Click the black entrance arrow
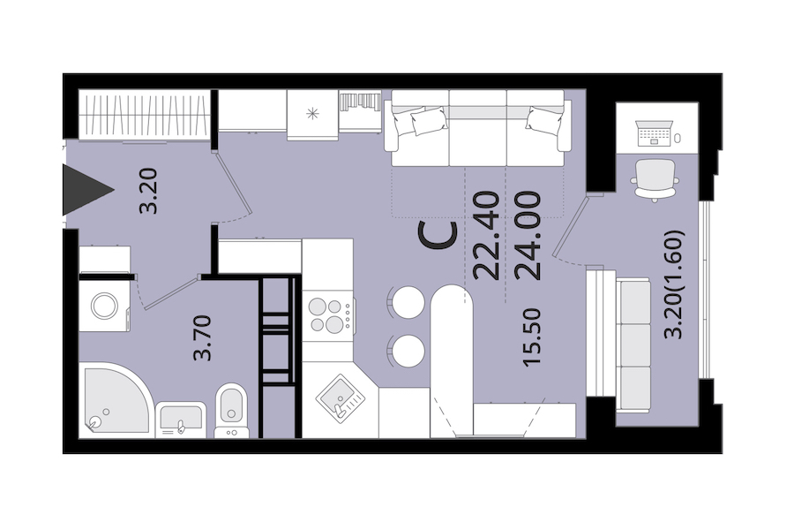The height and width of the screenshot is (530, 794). [x=84, y=190]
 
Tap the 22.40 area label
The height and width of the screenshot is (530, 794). [x=487, y=235]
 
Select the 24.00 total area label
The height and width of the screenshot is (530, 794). [x=528, y=235]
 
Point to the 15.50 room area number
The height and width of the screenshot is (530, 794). [x=533, y=337]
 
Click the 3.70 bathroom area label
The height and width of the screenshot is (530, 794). [x=202, y=337]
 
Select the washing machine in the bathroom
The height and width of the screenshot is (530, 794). [x=105, y=306]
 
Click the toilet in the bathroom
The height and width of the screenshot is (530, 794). [x=232, y=409]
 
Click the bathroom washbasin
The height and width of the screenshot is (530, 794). [x=181, y=420]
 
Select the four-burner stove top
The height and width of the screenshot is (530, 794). [x=327, y=315]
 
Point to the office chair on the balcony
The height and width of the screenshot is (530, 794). [x=655, y=180]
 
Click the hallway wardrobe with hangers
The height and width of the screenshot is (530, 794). [x=145, y=115]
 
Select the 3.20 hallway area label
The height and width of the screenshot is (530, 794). [x=149, y=191]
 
